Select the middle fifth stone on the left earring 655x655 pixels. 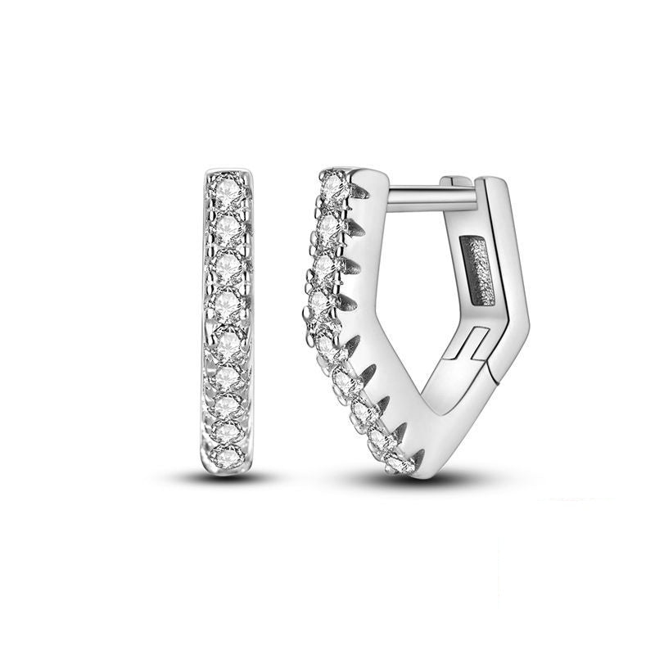228,337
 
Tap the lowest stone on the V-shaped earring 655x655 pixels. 401,463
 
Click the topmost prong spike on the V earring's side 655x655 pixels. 359,192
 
